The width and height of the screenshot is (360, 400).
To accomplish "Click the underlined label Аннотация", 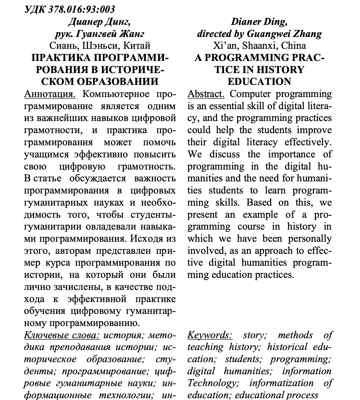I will coord(50,94).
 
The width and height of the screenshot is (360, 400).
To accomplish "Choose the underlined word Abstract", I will coord(206,94).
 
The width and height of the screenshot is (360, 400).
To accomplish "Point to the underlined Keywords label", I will coord(210,335).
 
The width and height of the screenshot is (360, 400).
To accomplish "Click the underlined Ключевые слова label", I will coord(62,335).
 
